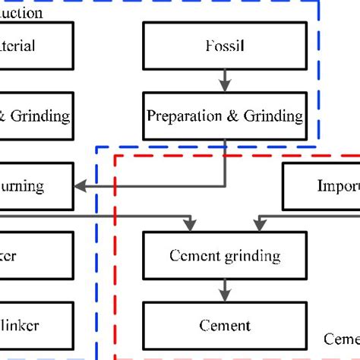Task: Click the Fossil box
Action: (224, 46)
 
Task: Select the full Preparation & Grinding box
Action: (224, 116)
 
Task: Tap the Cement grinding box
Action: (224, 256)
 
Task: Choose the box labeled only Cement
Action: (224, 325)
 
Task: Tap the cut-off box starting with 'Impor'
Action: (321, 186)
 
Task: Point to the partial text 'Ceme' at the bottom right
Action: (341, 338)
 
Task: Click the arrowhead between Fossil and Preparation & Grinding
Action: (224, 82)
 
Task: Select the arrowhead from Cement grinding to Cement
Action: (224, 292)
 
